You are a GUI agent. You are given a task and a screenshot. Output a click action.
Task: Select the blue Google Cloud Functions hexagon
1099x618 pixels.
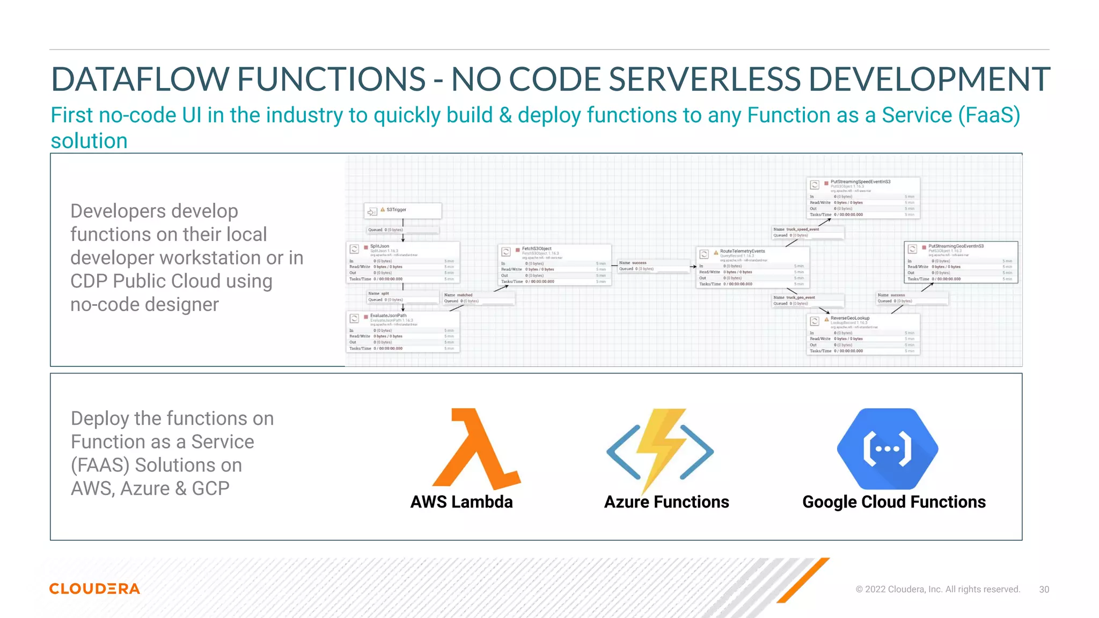click(888, 448)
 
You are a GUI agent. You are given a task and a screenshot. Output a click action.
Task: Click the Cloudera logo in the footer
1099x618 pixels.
click(94, 588)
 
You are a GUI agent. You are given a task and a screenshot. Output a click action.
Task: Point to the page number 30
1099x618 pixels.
click(1044, 589)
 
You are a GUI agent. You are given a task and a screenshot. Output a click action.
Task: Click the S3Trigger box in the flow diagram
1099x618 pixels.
click(403, 210)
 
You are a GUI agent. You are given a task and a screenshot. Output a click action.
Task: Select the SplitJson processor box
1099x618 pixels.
click(403, 262)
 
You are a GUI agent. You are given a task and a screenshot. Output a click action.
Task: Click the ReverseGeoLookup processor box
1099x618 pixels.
click(864, 334)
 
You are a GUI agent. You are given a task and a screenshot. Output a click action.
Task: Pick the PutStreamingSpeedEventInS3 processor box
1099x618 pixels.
click(864, 198)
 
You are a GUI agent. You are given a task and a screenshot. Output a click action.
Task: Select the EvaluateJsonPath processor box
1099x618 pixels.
click(403, 332)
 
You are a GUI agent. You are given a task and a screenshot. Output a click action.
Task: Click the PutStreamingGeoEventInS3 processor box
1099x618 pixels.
click(961, 262)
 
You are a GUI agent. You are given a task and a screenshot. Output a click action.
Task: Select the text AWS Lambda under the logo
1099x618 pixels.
click(461, 502)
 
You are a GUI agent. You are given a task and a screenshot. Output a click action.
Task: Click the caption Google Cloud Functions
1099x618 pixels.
click(893, 502)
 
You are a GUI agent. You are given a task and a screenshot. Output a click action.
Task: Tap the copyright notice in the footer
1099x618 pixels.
click(937, 589)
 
